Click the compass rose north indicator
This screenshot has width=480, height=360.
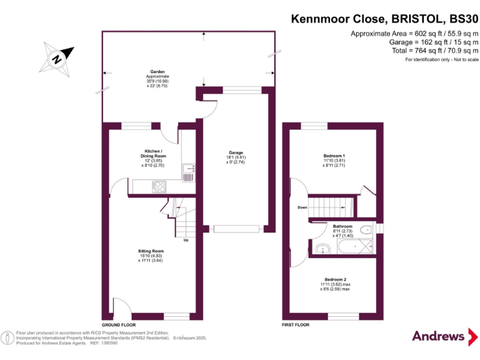pyautogui.click(x=57, y=59)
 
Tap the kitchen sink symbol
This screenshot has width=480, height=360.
pyautogui.click(x=188, y=172)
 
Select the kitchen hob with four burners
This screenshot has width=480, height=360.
pyautogui.click(x=159, y=186)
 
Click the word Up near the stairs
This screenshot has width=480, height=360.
pyautogui.click(x=186, y=240)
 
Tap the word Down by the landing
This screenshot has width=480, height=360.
pyautogui.click(x=302, y=207)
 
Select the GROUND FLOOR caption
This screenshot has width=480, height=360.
pyautogui.click(x=119, y=326)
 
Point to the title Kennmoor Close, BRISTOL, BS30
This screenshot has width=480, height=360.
pyautogui.click(x=384, y=19)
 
